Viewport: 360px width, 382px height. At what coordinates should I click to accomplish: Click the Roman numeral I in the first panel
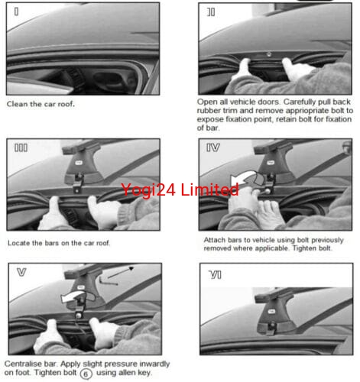coord(16,11)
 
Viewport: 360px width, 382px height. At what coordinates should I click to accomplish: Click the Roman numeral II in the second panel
coord(211,12)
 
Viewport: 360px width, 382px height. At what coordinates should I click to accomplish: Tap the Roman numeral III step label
coord(21,147)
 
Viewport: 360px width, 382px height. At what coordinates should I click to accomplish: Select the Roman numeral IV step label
coord(213,147)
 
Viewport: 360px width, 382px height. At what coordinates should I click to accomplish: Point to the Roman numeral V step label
coord(21,272)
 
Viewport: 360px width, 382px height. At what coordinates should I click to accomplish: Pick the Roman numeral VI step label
coord(216,275)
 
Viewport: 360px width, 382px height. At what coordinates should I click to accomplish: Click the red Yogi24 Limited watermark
coord(180,189)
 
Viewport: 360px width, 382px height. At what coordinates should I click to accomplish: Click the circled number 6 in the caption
coord(86,374)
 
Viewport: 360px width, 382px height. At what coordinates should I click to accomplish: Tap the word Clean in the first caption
coord(18,104)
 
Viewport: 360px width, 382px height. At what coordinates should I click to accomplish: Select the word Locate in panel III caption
coord(19,243)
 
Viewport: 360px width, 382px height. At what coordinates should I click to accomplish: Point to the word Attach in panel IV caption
coord(215,240)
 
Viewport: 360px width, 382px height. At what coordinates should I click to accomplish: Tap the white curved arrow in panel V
coord(74,296)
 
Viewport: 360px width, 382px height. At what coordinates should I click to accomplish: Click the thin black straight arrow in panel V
coord(121,273)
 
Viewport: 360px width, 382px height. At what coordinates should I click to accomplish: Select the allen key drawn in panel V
coord(108,281)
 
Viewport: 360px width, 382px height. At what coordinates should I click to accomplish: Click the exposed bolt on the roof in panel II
coord(269,54)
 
